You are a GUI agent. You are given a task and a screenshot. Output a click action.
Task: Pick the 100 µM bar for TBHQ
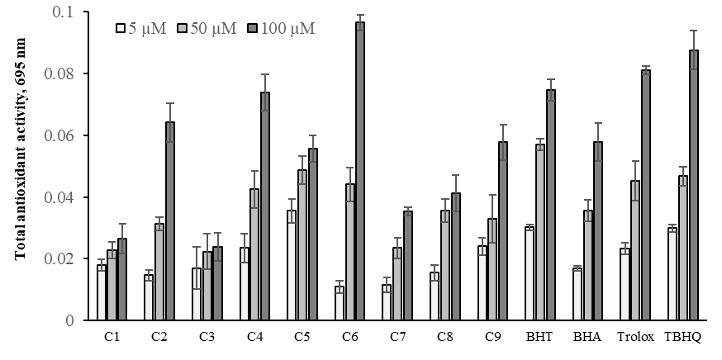(694, 185)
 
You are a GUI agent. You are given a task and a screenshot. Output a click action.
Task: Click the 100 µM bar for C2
(170, 220)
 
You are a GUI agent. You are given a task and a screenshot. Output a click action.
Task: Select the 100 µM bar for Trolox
(646, 195)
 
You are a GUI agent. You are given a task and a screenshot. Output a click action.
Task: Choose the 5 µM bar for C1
(102, 292)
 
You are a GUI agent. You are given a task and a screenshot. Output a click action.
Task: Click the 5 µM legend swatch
(120, 28)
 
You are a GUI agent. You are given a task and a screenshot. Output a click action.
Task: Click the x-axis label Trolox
(635, 338)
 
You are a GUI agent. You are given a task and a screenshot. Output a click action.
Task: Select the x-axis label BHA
(587, 338)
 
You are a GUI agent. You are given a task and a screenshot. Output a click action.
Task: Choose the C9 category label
(492, 338)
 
